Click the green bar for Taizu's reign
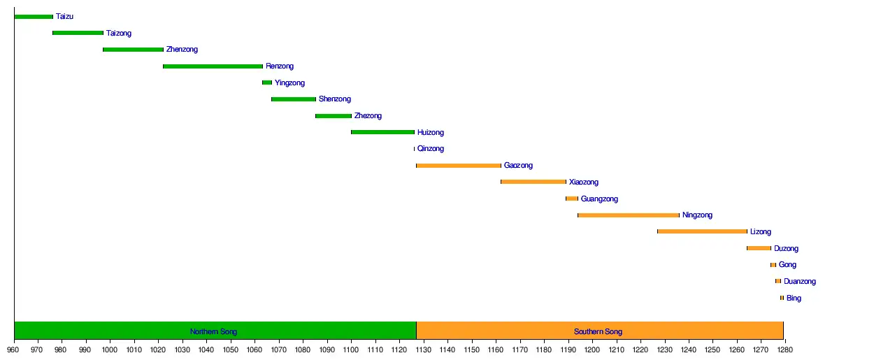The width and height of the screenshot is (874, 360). point(34,17)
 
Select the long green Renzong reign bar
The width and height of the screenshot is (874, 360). point(213,66)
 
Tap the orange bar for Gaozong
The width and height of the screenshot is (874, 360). point(459,166)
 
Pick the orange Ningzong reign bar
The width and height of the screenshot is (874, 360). point(629,215)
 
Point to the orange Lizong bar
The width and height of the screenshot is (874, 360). point(702,231)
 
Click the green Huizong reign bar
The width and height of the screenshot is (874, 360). point(382,132)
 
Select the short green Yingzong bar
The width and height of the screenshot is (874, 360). point(267,82)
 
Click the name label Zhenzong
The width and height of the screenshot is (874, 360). point(182,50)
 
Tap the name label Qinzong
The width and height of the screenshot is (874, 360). point(430,149)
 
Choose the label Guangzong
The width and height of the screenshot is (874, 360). point(599,199)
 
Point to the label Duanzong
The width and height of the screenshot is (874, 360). point(799,282)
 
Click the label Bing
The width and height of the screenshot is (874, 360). point(794,298)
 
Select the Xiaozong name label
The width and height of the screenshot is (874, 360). point(584,182)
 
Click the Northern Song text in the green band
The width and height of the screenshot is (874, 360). point(214,331)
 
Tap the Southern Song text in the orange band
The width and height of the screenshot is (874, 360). point(599,331)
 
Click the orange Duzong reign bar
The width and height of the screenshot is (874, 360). point(759,248)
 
